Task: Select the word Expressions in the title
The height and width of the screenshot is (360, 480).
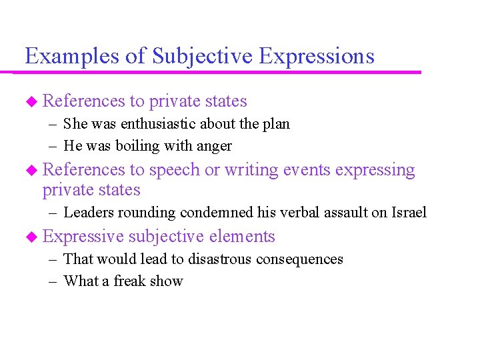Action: pos(316,56)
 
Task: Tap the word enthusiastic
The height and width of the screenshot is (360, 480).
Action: pos(159,124)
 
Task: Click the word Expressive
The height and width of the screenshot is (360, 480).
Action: pos(83,237)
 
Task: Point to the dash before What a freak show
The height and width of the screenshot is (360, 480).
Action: pos(53,281)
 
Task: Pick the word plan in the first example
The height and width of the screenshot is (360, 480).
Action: pos(276,124)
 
